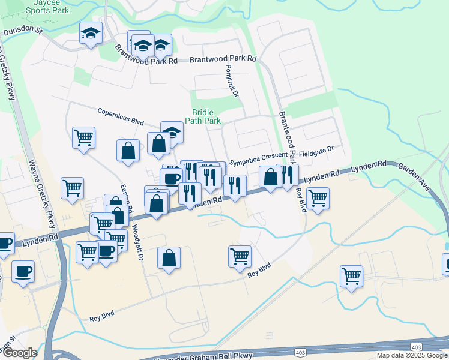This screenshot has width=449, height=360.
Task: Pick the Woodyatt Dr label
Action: click(137, 239)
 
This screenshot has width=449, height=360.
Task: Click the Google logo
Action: click(19, 353)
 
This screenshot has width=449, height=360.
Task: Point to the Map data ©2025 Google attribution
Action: click(412, 355)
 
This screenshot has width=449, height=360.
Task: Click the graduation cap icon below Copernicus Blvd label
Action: click(172, 132)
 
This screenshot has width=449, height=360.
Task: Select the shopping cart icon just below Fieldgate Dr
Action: click(317, 197)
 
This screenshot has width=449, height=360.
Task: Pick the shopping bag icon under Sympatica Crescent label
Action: click(270, 177)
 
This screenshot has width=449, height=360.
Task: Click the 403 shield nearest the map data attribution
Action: click(416, 347)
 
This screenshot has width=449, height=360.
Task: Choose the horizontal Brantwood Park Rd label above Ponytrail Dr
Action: click(223, 59)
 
